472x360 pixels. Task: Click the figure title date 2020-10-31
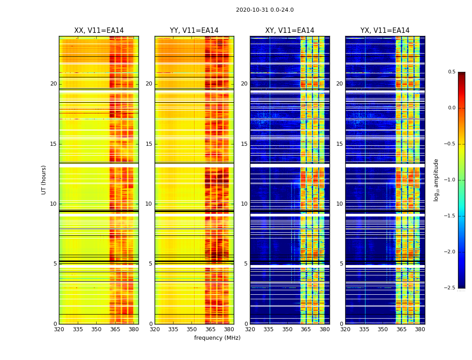pos(251,10)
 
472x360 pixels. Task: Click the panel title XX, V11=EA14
pos(99,31)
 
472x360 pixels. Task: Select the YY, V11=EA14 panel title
pos(194,31)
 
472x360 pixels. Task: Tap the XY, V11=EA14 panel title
pos(289,31)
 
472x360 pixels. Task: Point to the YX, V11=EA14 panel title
pos(385,31)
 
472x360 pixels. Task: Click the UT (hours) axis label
pos(44,180)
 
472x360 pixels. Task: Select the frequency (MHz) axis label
pos(217,338)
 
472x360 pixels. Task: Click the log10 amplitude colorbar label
pos(436,180)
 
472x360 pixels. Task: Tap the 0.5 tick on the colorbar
pos(452,72)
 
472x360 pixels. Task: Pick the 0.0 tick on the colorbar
pos(452,108)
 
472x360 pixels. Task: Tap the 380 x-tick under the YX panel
pos(420,330)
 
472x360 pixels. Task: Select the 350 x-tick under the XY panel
pos(287,330)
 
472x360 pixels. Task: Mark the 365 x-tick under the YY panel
pos(210,330)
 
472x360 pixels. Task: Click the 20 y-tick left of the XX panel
pos(53,84)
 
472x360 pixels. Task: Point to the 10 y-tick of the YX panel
pos(339,204)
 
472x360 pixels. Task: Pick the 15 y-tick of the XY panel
pos(244,144)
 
